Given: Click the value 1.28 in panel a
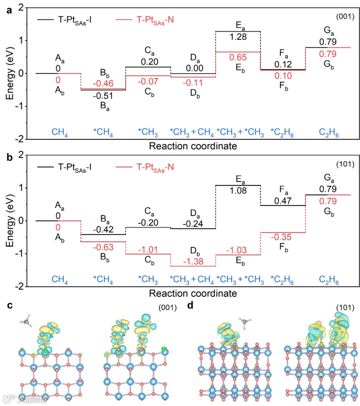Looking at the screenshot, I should coord(238,37).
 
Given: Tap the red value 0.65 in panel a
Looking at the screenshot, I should coord(238,57).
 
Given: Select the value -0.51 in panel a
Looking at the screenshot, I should coord(103,96).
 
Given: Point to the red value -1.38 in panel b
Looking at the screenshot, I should coord(193,261).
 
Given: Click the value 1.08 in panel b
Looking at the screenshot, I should coord(238,191).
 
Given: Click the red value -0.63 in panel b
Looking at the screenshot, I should coord(103,247).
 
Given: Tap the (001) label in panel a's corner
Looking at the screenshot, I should coord(345,16).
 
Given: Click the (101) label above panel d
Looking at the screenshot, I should coord(345,307).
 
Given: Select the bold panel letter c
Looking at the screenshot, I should coord(10,305).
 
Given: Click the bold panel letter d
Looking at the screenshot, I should coord(190,305).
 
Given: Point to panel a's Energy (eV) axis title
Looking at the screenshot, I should coord(10,73).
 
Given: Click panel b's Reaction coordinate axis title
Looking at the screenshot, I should coord(193,293).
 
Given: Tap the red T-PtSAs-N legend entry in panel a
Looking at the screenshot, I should coord(155,20).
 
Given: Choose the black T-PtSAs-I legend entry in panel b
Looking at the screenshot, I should coord(75,167).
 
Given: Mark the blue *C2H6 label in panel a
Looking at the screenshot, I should coord(282,133).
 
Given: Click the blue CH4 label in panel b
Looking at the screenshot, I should coord(60,280).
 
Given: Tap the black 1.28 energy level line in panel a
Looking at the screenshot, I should coord(238,32).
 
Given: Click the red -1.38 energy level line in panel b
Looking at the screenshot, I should coord(193,266).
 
